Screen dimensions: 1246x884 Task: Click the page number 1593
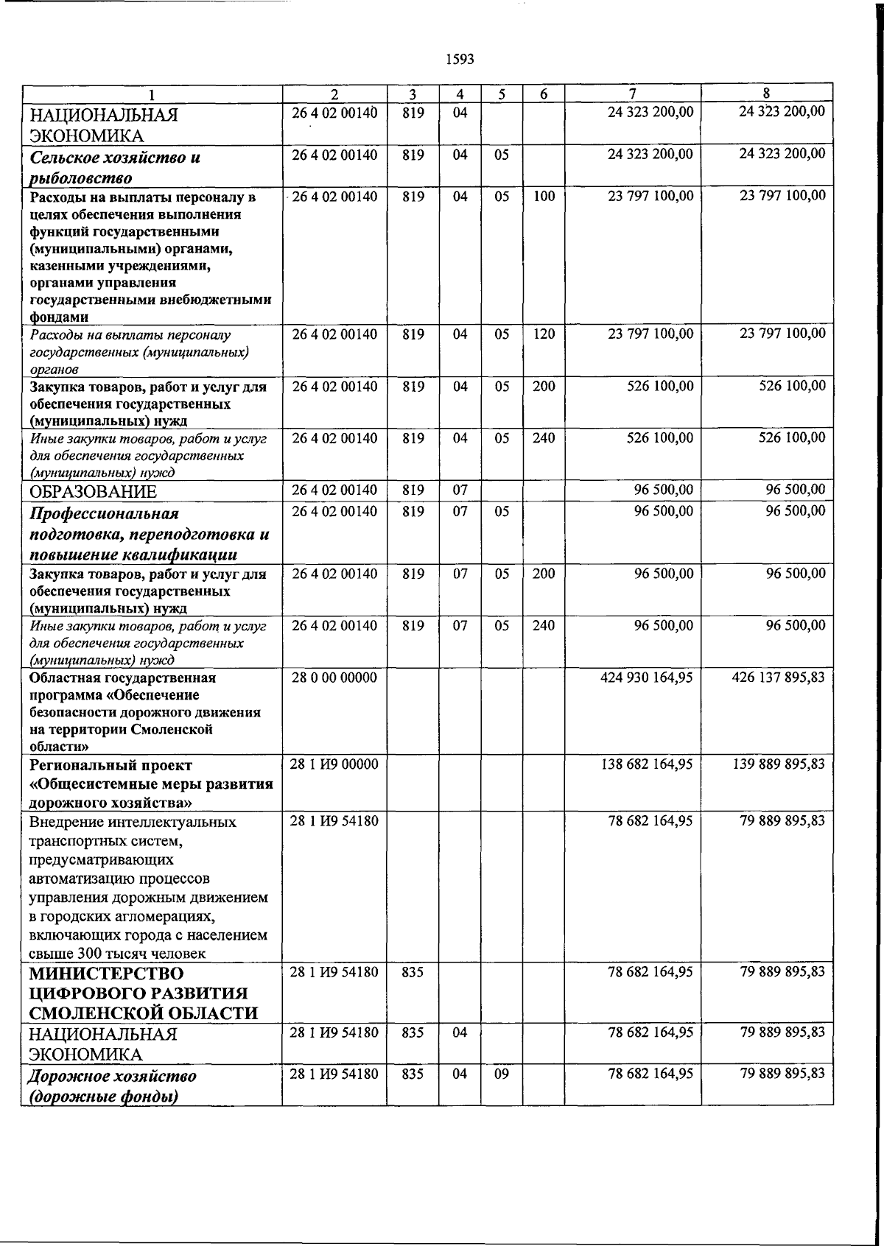pos(460,60)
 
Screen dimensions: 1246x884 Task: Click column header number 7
pos(632,94)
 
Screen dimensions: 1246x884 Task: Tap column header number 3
pos(413,94)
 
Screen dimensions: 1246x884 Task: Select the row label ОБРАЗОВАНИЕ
pos(93,492)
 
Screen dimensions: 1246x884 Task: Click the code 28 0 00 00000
pos(334,677)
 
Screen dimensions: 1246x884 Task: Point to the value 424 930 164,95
pos(646,677)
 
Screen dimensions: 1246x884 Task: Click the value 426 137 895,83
pos(779,677)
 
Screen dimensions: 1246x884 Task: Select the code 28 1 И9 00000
pos(334,764)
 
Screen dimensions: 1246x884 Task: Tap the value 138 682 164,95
pos(646,764)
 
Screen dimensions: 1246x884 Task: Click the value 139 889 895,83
pos(779,764)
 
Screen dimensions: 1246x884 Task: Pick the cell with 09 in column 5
pos(501,1074)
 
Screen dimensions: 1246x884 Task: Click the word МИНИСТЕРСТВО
pos(105,974)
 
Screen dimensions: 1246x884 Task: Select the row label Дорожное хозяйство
pos(112,1077)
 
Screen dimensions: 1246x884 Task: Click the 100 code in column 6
pos(543,197)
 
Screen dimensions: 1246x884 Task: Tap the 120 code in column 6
pos(543,334)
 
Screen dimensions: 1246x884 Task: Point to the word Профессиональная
pos(103,513)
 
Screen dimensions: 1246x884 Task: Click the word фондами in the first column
pos(60,317)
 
